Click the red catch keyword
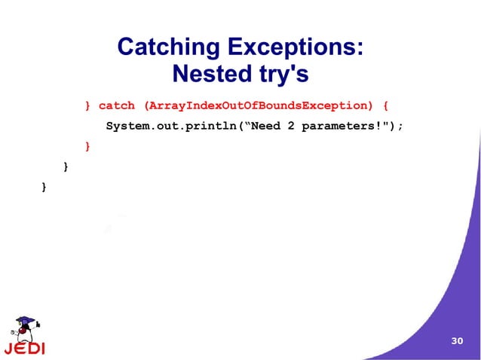[117, 106]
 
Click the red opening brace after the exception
[386, 106]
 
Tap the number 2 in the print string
[290, 126]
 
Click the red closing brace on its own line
[88, 145]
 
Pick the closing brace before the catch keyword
[88, 106]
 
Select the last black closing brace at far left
[45, 185]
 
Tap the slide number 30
[456, 341]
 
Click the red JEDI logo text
[24, 349]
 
